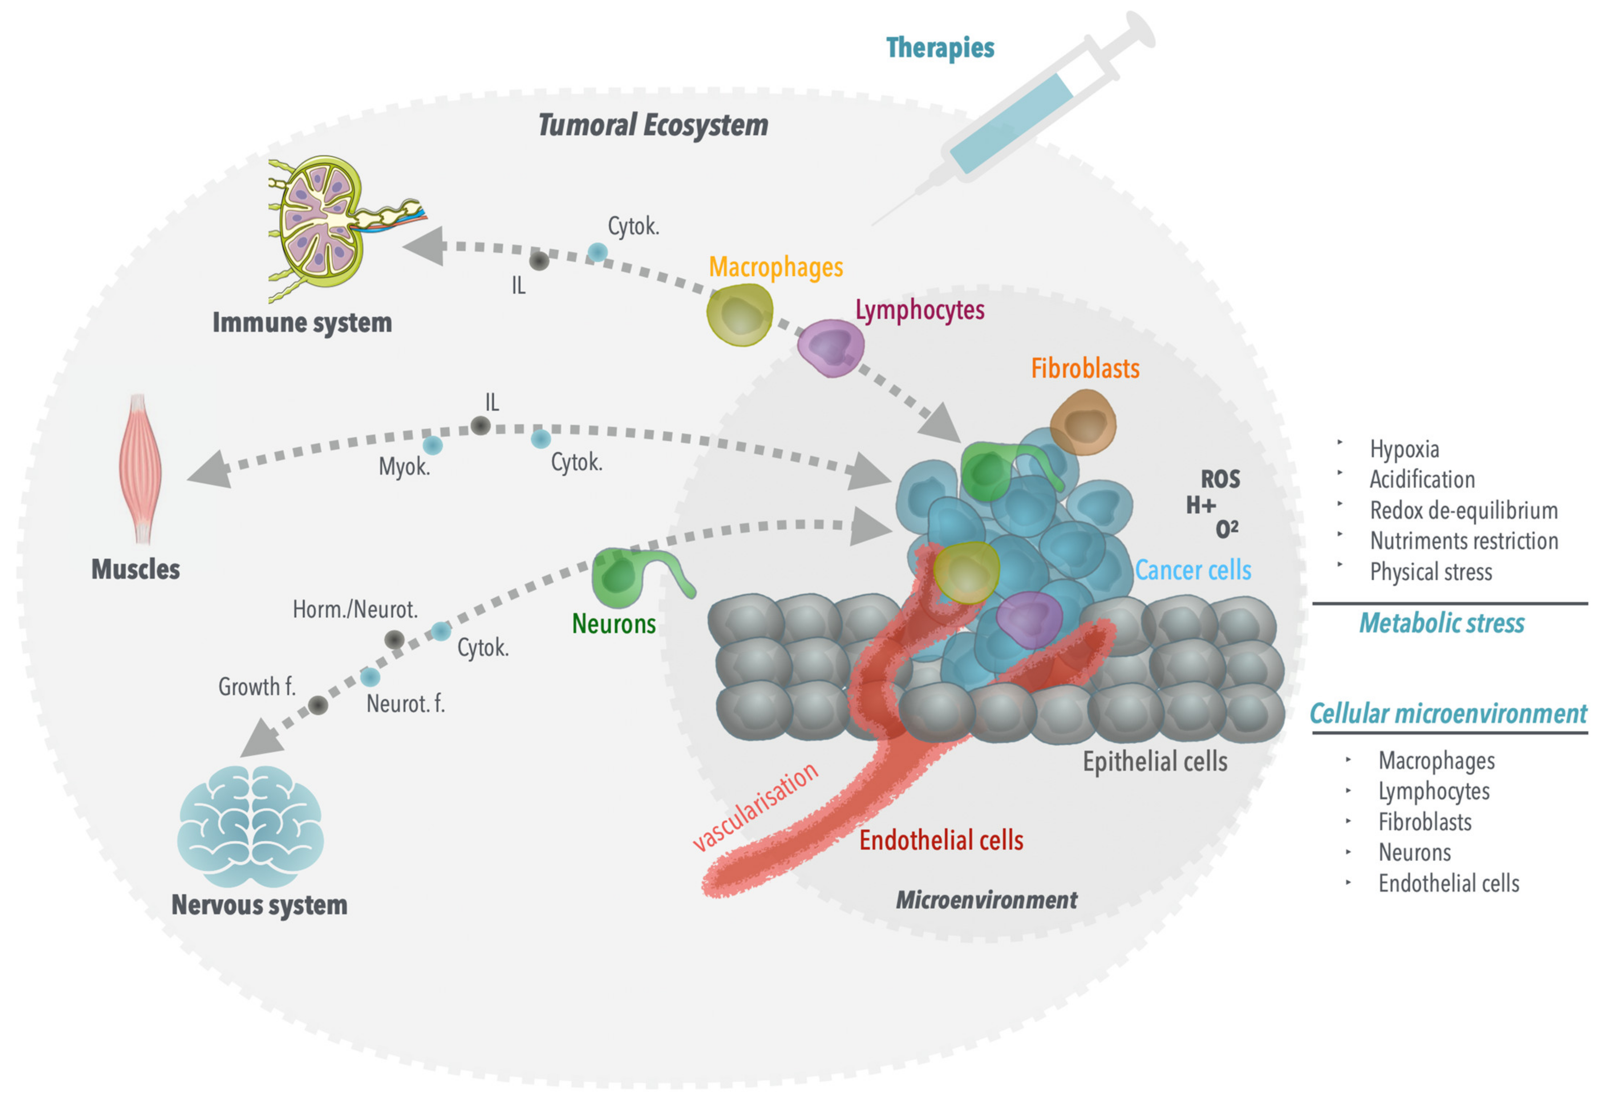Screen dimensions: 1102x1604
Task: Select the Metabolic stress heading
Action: [1441, 623]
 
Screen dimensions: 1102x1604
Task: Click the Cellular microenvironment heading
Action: [1448, 713]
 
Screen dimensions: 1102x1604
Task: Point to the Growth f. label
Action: [257, 687]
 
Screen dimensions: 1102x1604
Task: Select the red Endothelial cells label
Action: [941, 840]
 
